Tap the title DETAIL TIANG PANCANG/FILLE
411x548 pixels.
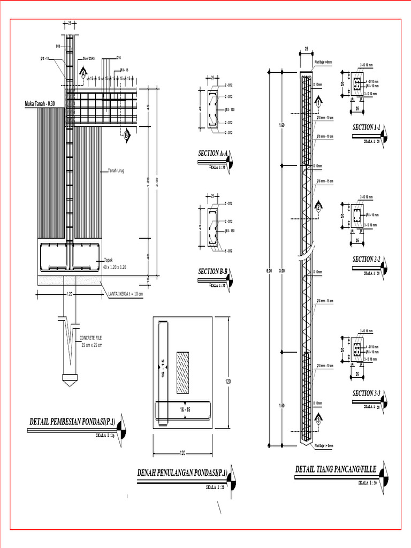point(336,469)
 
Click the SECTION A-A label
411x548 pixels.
point(213,154)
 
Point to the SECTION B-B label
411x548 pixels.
point(213,271)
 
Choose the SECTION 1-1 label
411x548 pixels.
point(366,127)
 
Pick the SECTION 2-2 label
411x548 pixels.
point(366,260)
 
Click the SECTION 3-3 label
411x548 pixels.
point(366,393)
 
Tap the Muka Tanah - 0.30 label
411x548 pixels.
point(40,103)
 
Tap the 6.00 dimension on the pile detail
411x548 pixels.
point(269,271)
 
